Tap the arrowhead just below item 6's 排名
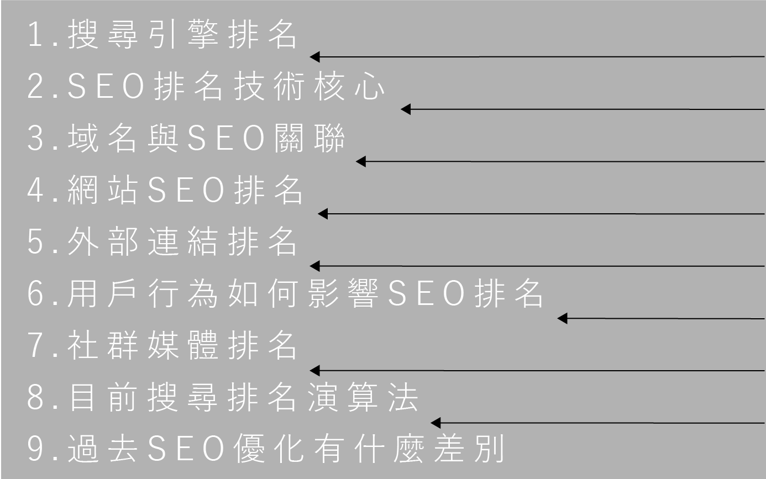tap(562, 318)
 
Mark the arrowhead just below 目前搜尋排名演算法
tap(436, 423)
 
